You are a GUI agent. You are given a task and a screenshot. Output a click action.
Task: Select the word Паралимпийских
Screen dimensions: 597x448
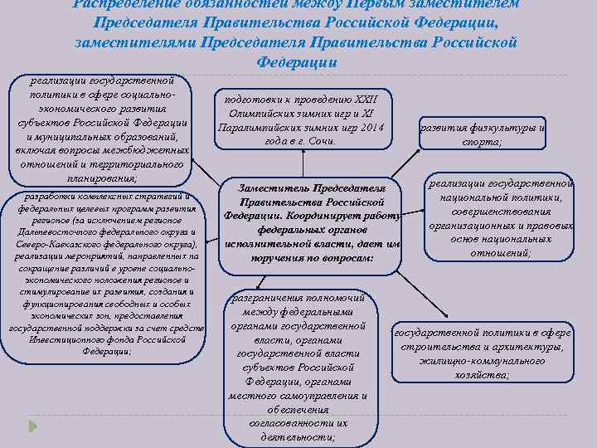257,128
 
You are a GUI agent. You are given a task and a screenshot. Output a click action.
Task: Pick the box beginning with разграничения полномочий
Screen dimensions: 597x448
299,366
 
